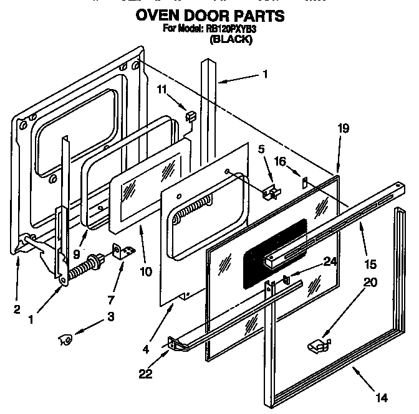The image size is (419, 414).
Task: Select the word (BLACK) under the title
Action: point(231,39)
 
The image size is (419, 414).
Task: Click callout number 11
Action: point(161,90)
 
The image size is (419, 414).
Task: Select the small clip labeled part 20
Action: point(318,344)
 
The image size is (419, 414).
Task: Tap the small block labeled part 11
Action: point(191,115)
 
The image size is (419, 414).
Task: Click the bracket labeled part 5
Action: point(271,193)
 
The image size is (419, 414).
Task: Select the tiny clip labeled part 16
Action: point(305,182)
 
